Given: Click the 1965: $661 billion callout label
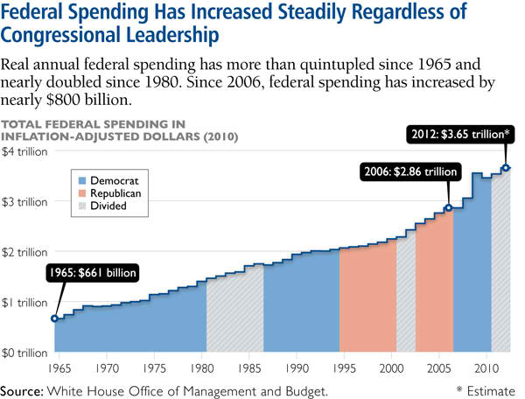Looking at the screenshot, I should pyautogui.click(x=92, y=272).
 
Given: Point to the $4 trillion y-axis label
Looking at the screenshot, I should pyautogui.click(x=24, y=150).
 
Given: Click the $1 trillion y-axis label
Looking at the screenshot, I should pyautogui.click(x=24, y=303).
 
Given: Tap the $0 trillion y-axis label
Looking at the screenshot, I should pyautogui.click(x=24, y=353).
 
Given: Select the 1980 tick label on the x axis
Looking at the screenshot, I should pyautogui.click(x=202, y=369).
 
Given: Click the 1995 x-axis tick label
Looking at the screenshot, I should pyautogui.click(x=345, y=369).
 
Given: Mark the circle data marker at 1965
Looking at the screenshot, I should pyautogui.click(x=54, y=318).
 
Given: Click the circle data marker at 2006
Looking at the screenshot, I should pyautogui.click(x=448, y=208).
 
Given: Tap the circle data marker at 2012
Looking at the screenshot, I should pyautogui.click(x=506, y=168).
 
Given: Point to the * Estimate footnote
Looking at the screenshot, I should pyautogui.click(x=486, y=390).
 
